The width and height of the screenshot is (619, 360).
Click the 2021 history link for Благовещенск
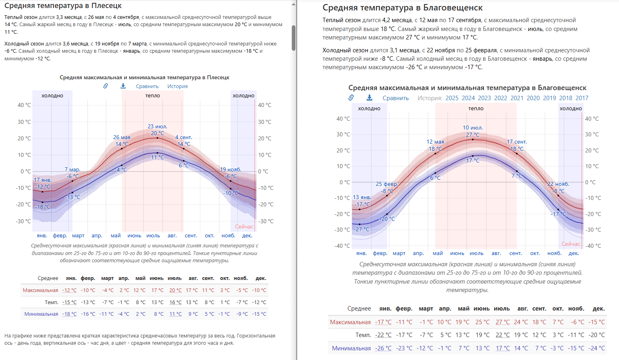coord(517,98)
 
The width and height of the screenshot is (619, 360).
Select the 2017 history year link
coord(582,98)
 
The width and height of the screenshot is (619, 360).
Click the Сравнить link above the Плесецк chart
coord(147,86)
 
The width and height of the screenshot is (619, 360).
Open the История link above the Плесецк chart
coord(177,86)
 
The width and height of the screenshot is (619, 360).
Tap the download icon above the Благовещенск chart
coord(369,98)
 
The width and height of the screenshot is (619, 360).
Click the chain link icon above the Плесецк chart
coord(105,86)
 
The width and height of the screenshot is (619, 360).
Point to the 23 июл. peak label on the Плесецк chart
coord(157,127)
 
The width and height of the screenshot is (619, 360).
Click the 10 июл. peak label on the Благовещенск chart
coord(473,128)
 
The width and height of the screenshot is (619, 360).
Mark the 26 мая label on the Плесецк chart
coord(122,138)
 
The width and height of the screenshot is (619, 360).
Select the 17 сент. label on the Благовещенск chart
coord(517,142)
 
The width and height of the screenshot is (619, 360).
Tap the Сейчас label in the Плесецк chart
coord(244,227)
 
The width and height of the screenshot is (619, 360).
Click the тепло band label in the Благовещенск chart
coord(476,109)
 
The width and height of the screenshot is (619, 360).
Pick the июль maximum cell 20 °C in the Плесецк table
coord(175,290)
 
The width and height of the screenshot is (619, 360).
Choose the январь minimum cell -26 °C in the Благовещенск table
coord(384,348)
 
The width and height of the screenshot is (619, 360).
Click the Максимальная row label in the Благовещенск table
coord(350,322)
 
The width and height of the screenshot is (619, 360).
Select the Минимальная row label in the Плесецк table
coord(41,314)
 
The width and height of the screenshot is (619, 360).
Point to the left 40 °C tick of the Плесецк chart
coord(24,105)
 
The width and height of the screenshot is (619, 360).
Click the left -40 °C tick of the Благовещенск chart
coord(342,246)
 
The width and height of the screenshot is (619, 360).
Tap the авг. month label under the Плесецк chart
coord(172,236)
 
